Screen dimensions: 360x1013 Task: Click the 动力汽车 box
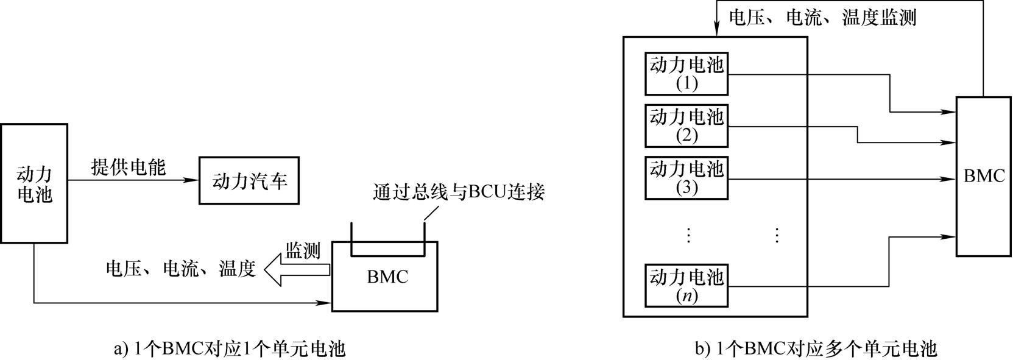click(x=249, y=181)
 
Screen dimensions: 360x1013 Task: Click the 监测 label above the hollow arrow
click(x=303, y=250)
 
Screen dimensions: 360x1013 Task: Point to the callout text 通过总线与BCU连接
click(x=459, y=192)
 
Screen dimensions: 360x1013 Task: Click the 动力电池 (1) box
click(x=687, y=74)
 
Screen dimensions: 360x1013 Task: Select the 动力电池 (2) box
click(x=687, y=126)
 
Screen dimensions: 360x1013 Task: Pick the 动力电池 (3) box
click(x=687, y=178)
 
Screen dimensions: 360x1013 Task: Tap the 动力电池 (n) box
click(x=687, y=286)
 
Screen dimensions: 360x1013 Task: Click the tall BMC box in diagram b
click(x=984, y=176)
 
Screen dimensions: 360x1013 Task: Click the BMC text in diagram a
click(x=387, y=277)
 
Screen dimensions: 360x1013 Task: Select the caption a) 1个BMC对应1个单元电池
click(x=230, y=349)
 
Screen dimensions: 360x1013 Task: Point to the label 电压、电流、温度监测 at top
click(x=822, y=18)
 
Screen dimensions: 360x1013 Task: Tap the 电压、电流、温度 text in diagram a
click(x=180, y=269)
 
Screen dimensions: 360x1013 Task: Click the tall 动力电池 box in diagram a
click(x=34, y=183)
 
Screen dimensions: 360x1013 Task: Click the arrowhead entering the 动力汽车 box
click(x=193, y=180)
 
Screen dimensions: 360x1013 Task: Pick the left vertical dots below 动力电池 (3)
click(x=688, y=235)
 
